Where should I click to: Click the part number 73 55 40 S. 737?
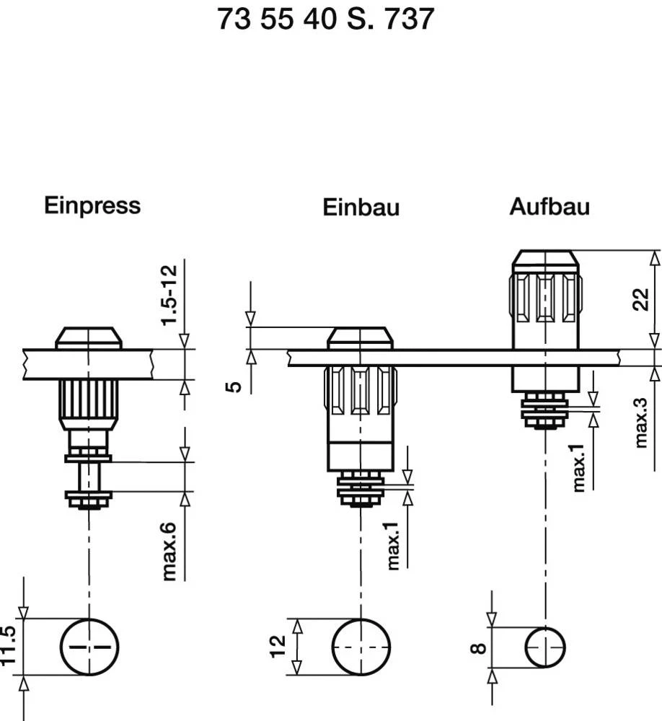[326, 19]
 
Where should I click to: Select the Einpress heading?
[92, 205]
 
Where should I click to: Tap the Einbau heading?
[361, 208]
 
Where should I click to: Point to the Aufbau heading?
[550, 207]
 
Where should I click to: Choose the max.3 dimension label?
[642, 422]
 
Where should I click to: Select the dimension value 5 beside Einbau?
[234, 387]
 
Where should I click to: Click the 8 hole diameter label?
[477, 648]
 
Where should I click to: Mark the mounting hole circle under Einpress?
[89, 647]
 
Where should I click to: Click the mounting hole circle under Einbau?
[361, 647]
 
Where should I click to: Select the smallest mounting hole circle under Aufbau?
[545, 647]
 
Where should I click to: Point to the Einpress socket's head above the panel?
[89, 338]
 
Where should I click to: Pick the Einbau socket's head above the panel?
[361, 338]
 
